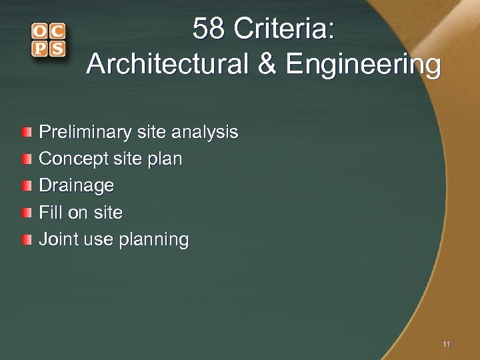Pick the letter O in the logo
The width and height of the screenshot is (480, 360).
pos(39,31)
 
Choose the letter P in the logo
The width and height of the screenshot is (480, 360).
pos(39,49)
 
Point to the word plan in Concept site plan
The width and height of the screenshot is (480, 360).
pos(167,159)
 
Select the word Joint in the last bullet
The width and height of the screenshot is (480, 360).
pos(56,239)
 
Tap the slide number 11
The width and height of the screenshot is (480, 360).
pos(446,344)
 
